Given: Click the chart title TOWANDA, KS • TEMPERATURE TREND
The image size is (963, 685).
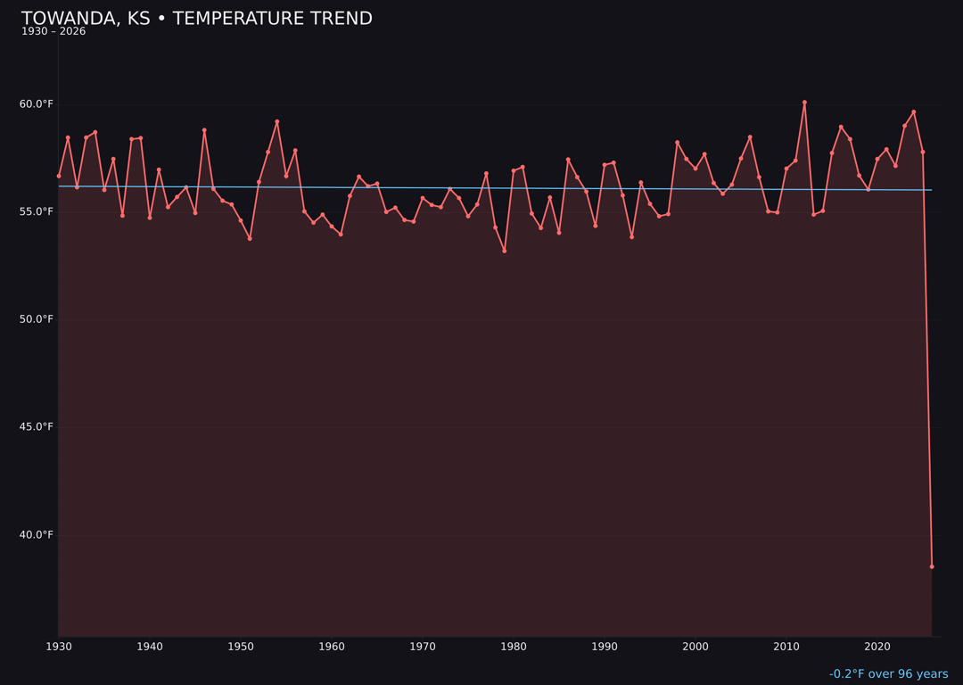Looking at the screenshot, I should click(x=196, y=19).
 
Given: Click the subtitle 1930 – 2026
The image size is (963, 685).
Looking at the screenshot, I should click(x=53, y=32).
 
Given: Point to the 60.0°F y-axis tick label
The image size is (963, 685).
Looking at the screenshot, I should click(x=37, y=104).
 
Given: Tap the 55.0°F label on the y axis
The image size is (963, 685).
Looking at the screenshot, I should click(x=37, y=211).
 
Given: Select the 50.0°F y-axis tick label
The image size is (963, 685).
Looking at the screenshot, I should click(x=37, y=319).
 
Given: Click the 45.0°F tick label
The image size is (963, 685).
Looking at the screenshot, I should click(x=37, y=427).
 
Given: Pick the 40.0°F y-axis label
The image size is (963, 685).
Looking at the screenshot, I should click(x=37, y=535).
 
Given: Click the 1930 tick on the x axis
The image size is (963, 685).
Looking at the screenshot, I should click(x=59, y=647).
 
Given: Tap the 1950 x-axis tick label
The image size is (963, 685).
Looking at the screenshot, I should click(x=241, y=647).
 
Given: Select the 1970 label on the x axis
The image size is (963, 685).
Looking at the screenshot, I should click(x=423, y=647).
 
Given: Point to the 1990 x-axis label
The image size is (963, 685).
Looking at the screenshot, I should click(x=605, y=647).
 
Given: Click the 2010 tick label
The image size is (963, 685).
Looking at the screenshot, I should click(x=786, y=647).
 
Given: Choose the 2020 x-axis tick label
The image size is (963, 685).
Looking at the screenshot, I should click(x=877, y=647).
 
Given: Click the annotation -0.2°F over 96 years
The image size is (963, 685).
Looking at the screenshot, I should click(x=888, y=674).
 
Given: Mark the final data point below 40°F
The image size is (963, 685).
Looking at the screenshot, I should click(x=932, y=566).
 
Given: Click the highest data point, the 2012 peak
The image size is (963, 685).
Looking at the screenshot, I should click(x=804, y=103).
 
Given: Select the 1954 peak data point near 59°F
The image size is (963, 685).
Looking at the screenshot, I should click(x=277, y=121).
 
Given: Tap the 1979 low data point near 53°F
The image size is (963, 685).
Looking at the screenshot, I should click(x=505, y=251).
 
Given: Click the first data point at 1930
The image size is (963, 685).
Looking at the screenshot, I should click(x=59, y=176).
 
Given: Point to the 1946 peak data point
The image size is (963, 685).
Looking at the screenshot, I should click(x=204, y=130).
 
